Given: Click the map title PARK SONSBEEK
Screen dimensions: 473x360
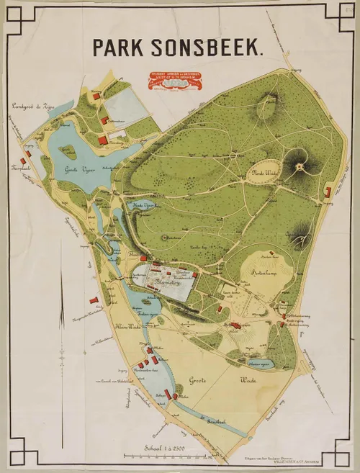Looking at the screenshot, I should tap(178, 47).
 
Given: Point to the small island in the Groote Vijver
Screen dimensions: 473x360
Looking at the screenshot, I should tap(70, 152).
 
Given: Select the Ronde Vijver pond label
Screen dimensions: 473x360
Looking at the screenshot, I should tap(145, 205).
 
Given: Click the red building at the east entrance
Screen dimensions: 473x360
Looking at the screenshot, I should tap(328, 192).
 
